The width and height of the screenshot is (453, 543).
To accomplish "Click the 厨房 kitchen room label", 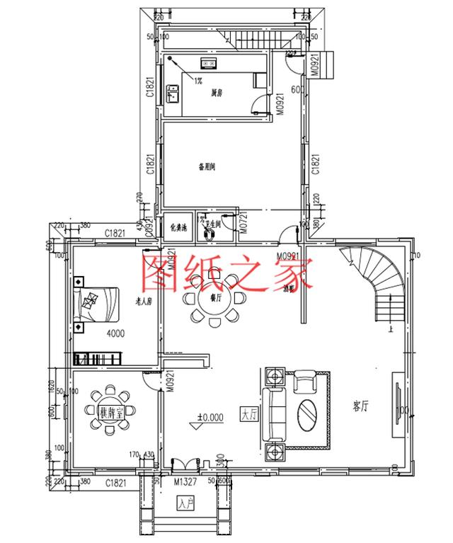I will point(217,93).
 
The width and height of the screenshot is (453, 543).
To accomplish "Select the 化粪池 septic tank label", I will point(178,228).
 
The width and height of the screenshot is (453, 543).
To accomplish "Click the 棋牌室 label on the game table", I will point(109,411).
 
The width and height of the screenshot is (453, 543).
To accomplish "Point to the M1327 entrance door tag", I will point(185,482).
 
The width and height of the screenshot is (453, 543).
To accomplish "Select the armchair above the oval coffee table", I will point(305,382).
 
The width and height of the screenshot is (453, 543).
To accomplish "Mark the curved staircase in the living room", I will point(376,280).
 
